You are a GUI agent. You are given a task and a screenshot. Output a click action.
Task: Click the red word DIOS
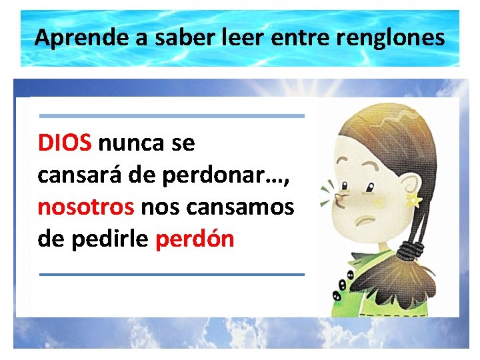coord(66,142)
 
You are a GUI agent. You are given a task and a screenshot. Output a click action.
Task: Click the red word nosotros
coord(86,207)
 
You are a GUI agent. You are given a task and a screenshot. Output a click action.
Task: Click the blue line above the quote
coord(172,116)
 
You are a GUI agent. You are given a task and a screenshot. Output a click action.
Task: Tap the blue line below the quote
coord(172,274)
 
